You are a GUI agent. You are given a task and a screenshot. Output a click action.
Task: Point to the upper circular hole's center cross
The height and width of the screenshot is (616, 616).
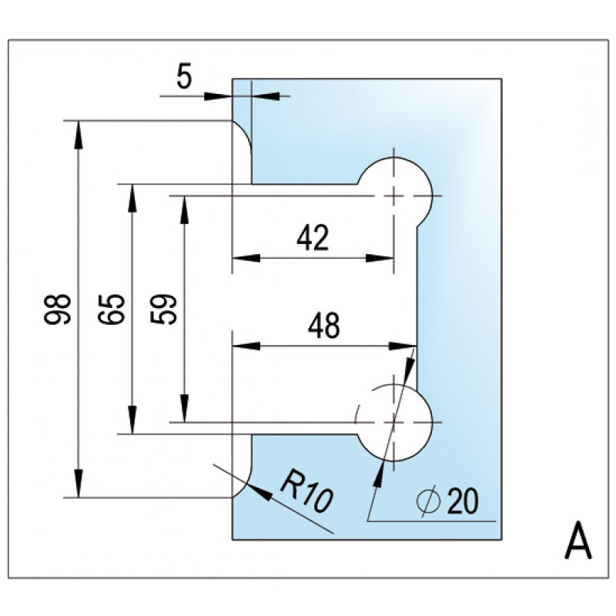[x=394, y=196]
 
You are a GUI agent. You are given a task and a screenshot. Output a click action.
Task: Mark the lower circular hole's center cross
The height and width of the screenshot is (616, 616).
[x=393, y=423]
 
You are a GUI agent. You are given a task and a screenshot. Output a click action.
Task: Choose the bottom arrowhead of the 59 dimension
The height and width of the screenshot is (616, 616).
[x=184, y=413]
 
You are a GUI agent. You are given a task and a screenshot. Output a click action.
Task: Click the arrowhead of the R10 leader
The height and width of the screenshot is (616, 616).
[x=259, y=490]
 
